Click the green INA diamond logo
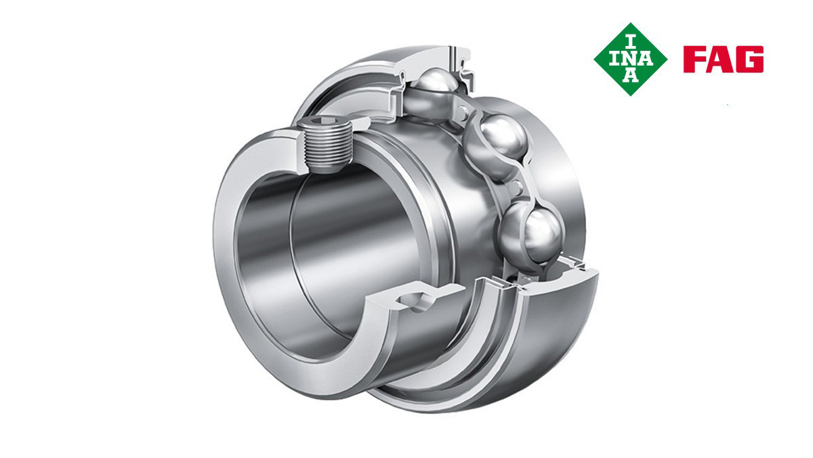[631, 59]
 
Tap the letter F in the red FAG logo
[694, 59]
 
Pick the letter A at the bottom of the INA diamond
[631, 76]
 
